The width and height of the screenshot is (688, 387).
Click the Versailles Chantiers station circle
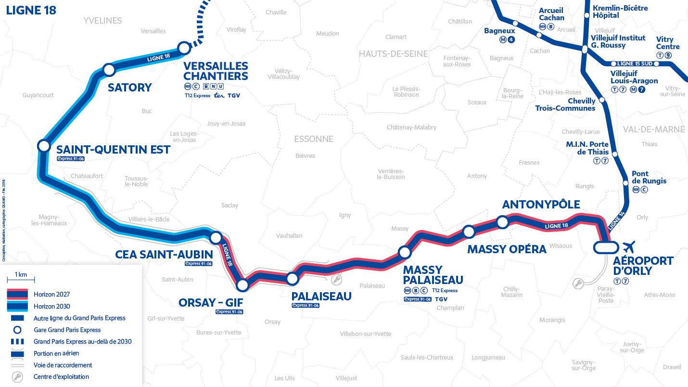click(184, 48)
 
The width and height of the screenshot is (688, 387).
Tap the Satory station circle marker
click(109, 70)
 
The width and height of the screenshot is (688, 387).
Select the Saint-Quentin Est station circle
click(44, 146)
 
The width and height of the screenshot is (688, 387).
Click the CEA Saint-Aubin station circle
click(216, 237)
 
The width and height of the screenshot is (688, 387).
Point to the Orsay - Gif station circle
click(242, 285)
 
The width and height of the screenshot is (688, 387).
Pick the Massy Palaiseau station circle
click(405, 252)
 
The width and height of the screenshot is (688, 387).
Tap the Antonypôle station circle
click(502, 222)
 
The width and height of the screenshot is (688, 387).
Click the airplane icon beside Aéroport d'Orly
click(628, 247)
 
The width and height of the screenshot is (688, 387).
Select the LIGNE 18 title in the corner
click(31, 11)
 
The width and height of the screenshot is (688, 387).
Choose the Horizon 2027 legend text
click(52, 294)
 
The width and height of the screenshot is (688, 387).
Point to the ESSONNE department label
click(314, 139)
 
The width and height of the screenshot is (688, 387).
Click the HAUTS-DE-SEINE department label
click(393, 54)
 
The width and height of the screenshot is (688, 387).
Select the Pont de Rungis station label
click(649, 177)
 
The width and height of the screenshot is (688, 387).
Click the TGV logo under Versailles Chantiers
click(234, 96)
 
